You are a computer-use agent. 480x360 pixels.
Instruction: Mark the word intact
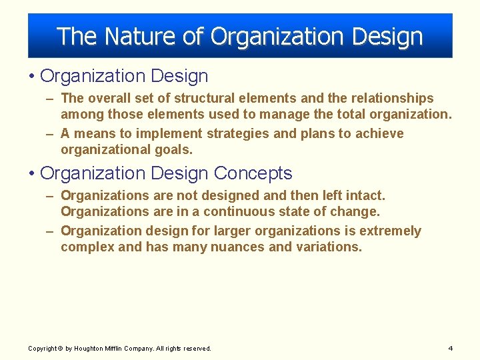364,195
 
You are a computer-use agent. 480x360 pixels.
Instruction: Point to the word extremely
390,231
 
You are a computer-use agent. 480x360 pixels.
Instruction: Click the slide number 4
451,348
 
